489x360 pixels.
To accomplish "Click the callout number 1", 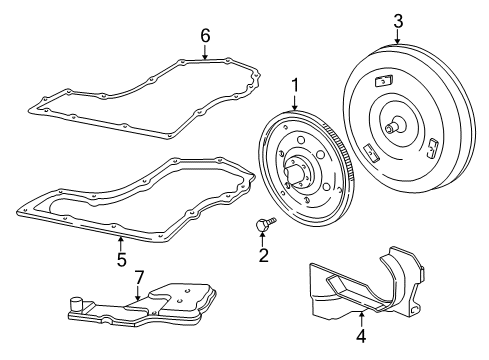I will [x=295, y=86].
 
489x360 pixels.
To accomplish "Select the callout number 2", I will [x=264, y=256].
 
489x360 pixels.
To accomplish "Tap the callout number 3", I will [x=398, y=20].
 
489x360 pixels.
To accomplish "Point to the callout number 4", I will [x=360, y=335].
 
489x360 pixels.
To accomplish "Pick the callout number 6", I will [x=205, y=35].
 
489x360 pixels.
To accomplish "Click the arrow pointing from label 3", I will [x=398, y=36].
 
